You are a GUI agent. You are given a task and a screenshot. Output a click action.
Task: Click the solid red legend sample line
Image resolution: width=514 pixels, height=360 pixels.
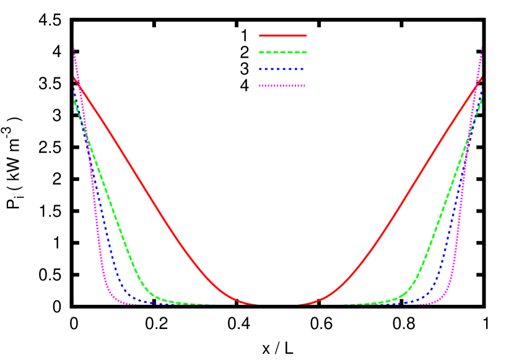coord(282,35)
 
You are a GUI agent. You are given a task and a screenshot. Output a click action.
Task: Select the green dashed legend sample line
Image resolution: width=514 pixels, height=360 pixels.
coord(282,52)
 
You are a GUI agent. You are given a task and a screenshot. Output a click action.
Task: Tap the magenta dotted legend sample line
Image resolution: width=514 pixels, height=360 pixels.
coord(282,86)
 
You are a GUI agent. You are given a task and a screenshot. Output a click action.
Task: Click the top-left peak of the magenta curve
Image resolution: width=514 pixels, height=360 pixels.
coord(74,46)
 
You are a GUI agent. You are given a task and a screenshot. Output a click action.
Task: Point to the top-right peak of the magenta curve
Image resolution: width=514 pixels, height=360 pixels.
coord(481,46)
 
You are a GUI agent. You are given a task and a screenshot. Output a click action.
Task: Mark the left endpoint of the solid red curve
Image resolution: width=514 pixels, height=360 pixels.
coord(74,77)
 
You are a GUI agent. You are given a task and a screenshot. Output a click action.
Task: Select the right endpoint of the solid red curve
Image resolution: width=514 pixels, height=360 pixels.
coord(481,77)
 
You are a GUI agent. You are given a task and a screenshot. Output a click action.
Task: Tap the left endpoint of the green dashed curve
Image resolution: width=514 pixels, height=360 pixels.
coord(74,99)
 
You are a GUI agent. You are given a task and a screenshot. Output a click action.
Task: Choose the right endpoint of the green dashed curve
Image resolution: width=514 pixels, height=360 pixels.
coord(481,99)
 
